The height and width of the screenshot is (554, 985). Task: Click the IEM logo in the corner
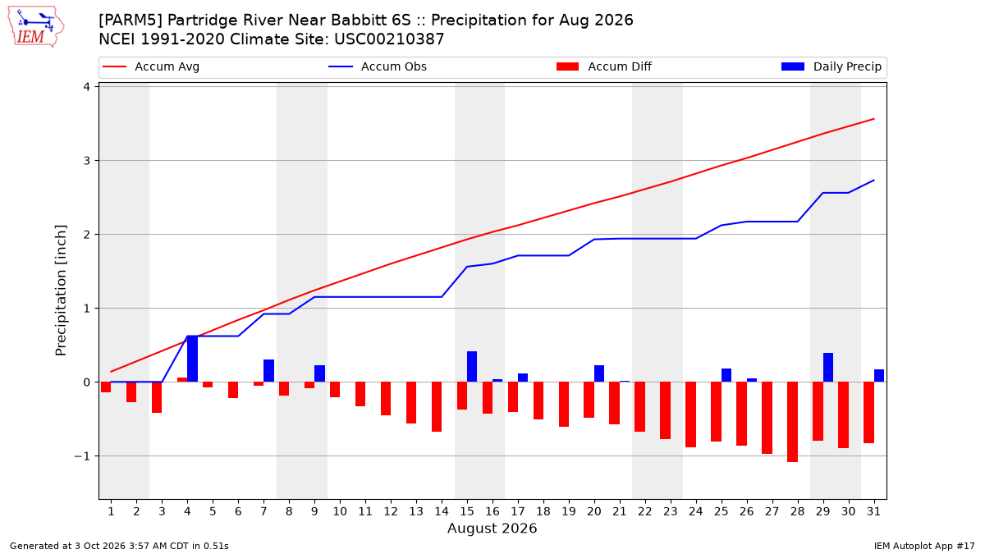click(x=35, y=27)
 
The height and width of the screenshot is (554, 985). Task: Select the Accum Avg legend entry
click(x=151, y=66)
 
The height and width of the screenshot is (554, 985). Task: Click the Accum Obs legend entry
click(x=378, y=66)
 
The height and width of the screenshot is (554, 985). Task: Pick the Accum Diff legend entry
click(x=604, y=66)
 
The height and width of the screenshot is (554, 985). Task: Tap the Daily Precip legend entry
click(x=832, y=66)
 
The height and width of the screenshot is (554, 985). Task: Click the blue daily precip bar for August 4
click(x=193, y=359)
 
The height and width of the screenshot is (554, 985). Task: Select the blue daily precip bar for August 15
click(x=472, y=367)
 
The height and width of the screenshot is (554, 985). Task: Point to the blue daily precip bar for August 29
click(x=828, y=368)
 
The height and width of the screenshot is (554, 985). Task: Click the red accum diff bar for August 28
click(x=792, y=422)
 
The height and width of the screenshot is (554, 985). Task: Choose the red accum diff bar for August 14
click(x=437, y=407)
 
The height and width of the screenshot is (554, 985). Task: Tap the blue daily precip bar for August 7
click(x=268, y=371)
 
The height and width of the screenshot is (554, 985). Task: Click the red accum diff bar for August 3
click(x=157, y=397)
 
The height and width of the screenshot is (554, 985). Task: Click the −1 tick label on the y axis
click(x=82, y=456)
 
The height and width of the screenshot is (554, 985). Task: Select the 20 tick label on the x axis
click(x=594, y=511)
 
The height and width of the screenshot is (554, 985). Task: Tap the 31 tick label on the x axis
click(x=873, y=511)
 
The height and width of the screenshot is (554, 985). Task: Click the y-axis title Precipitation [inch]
click(x=61, y=291)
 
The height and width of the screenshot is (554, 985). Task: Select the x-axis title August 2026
click(x=492, y=528)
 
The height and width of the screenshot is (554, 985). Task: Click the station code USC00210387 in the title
click(x=389, y=39)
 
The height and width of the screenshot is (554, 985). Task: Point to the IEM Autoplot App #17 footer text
click(x=924, y=546)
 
